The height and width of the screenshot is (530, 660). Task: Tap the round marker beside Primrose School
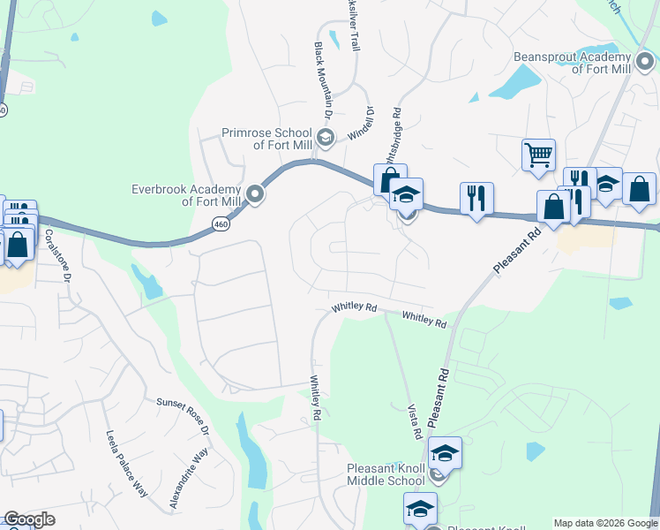click(x=325, y=136)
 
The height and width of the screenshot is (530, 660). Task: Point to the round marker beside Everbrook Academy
click(x=256, y=194)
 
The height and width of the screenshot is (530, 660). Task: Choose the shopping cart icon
click(x=538, y=155)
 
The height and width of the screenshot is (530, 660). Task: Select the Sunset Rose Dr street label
click(x=183, y=414)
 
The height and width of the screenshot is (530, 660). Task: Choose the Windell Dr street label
click(x=362, y=123)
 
